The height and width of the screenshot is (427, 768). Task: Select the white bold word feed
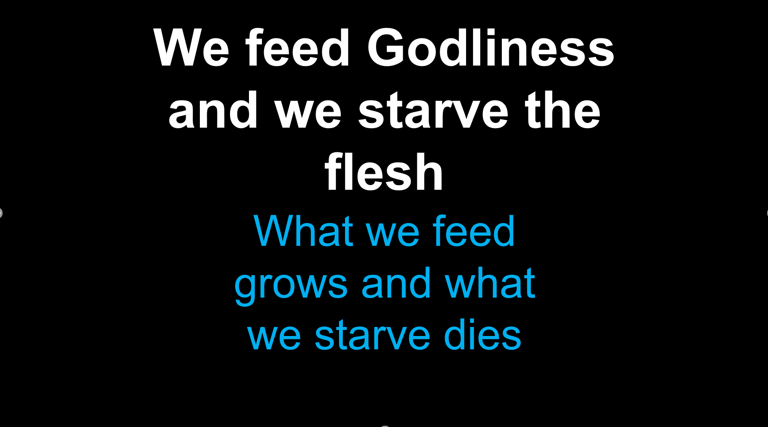pos(298,48)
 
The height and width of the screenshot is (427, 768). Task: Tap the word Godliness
pos(491,48)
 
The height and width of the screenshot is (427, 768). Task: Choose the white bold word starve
pos(433,111)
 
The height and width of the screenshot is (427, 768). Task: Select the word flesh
pos(384,173)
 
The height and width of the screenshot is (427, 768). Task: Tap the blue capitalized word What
pos(303,232)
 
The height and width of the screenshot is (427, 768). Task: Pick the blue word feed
pos(473,232)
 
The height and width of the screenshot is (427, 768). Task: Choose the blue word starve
pos(373,336)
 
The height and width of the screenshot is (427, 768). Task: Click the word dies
pos(482,335)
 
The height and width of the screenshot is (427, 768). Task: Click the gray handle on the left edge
pos(1,213)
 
